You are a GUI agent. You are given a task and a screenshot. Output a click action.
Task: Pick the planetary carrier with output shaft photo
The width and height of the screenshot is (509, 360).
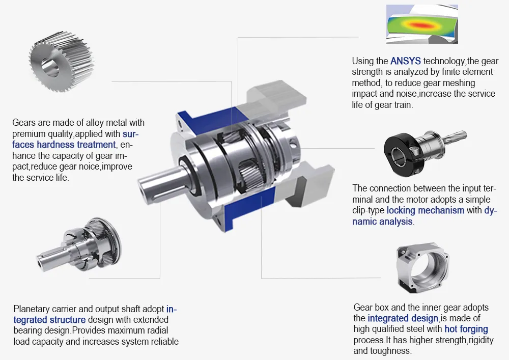coord(82,244)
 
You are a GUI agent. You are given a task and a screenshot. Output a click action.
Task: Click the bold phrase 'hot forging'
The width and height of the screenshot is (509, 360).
coord(466,329)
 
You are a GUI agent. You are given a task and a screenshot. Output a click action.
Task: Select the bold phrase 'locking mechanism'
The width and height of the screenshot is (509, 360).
coord(425,210)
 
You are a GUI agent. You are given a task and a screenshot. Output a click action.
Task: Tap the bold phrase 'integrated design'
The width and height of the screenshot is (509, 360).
coord(403,318)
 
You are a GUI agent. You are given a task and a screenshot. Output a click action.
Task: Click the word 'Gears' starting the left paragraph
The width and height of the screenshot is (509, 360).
coord(23,123)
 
